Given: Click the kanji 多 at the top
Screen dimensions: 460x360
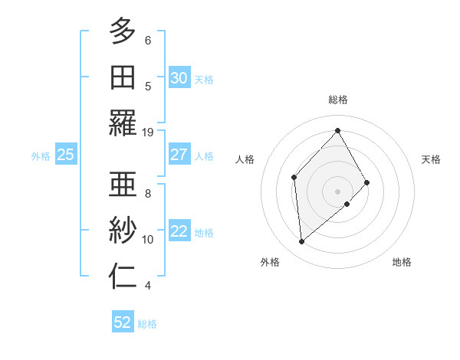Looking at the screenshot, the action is [x=123, y=31].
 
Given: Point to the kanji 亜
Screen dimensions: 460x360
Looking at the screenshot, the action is [x=123, y=184].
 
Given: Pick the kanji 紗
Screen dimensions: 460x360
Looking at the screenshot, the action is [x=123, y=230].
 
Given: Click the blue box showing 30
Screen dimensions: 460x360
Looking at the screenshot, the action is [x=179, y=77].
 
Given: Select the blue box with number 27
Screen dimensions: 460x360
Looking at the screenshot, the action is [x=179, y=155].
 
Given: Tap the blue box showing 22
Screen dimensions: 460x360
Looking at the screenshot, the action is [x=179, y=231].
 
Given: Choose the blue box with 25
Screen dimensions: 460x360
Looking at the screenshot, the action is [x=65, y=155].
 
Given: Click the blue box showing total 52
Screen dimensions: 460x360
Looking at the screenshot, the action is [x=123, y=322].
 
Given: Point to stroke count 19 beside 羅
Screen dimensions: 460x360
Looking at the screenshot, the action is [x=148, y=132].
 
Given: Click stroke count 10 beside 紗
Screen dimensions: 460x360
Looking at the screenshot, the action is [x=148, y=240].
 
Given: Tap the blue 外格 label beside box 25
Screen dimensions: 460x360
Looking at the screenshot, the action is [x=41, y=155].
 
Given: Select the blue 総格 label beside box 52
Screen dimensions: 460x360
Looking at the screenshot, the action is [x=147, y=323].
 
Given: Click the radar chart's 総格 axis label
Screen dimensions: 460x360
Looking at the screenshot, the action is [x=337, y=100].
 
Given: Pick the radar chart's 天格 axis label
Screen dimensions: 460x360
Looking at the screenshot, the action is [x=432, y=159].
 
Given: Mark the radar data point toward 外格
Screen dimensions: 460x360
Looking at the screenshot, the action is [x=302, y=242].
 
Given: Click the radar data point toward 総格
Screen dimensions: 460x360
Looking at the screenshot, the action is [x=337, y=130].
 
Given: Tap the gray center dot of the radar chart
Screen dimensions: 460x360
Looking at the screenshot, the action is [x=337, y=190].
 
